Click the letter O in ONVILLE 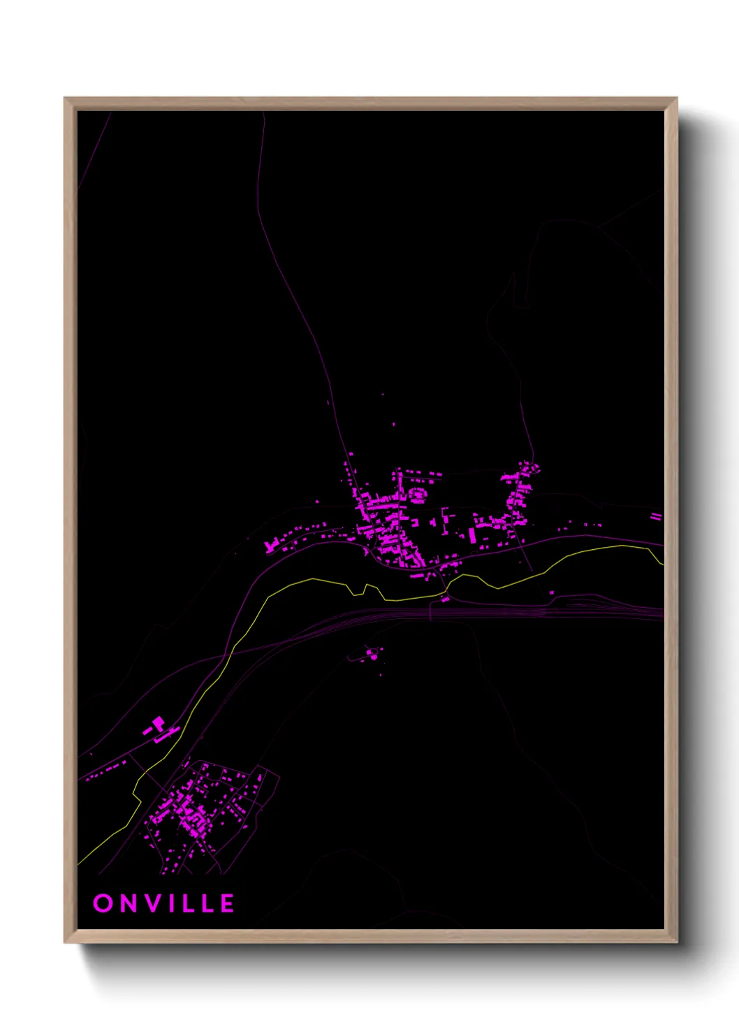pyautogui.click(x=103, y=903)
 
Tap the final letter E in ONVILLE pyautogui.click(x=228, y=903)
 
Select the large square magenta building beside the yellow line pyautogui.click(x=159, y=722)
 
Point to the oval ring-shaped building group pyautogui.click(x=417, y=495)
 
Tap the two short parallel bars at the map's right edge pyautogui.click(x=655, y=516)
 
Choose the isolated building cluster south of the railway pyautogui.click(x=372, y=654)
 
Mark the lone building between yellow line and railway pyautogui.click(x=552, y=593)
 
